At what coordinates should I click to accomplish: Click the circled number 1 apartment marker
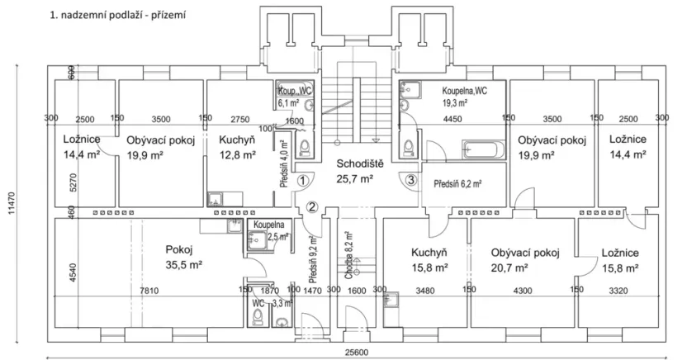pyautogui.click(x=302, y=180)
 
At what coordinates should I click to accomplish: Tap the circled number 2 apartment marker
pyautogui.click(x=312, y=206)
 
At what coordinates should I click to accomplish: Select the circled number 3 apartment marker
pyautogui.click(x=410, y=179)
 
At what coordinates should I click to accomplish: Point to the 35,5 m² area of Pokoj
pyautogui.click(x=183, y=264)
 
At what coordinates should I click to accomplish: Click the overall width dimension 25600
pyautogui.click(x=355, y=353)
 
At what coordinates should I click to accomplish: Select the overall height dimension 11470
pyautogui.click(x=12, y=204)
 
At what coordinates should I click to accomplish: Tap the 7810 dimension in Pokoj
pyautogui.click(x=149, y=291)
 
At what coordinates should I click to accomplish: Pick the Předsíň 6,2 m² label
pyautogui.click(x=457, y=184)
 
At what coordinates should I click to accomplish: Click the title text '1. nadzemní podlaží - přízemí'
pyautogui.click(x=118, y=16)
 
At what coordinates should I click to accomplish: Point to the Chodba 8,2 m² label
pyautogui.click(x=349, y=256)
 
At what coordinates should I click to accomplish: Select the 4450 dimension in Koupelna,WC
pyautogui.click(x=452, y=119)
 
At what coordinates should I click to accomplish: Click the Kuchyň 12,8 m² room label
pyautogui.click(x=237, y=147)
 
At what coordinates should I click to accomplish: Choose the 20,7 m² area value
pyautogui.click(x=509, y=268)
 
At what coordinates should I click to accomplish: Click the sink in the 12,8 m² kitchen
pyautogui.click(x=216, y=199)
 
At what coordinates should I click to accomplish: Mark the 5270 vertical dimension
pyautogui.click(x=73, y=182)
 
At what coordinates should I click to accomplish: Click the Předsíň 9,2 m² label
pyautogui.click(x=313, y=259)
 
